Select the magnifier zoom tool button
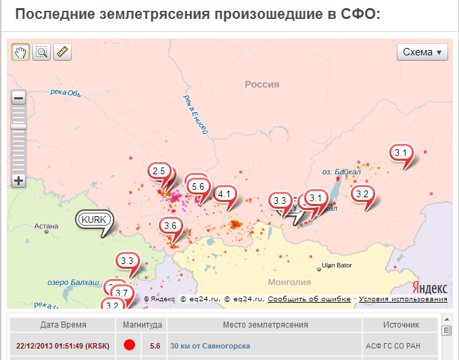[41, 52]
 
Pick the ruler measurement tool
[62, 52]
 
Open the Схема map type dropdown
[422, 52]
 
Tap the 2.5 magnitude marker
[159, 172]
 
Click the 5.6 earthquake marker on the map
[198, 186]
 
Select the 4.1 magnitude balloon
[224, 195]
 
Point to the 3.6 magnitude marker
[170, 226]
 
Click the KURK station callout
[93, 219]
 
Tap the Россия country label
[262, 84]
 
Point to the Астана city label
[47, 226]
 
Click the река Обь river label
[66, 93]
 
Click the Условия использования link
[403, 299]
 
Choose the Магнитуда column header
[143, 325]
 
